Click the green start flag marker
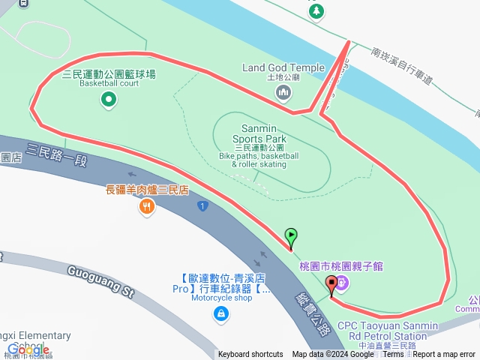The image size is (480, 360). (291, 236)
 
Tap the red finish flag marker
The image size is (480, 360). (331, 284)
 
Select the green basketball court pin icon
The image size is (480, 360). (109, 99)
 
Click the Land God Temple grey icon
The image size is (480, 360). (283, 92)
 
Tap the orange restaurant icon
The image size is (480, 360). (146, 206)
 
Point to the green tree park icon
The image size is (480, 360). (316, 10)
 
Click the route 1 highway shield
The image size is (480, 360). (202, 205)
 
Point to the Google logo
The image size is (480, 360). (28, 349)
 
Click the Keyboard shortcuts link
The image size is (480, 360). (250, 354)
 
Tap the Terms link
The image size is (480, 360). (393, 354)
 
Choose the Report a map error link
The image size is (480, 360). (444, 354)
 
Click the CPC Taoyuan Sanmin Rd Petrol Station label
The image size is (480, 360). (387, 330)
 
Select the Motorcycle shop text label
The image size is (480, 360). (221, 298)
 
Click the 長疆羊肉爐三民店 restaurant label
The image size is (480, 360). (146, 190)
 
